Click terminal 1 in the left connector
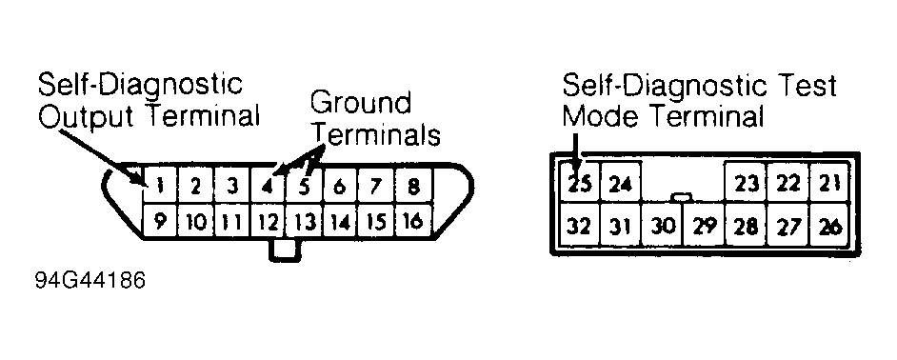pos(160,186)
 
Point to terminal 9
pos(160,220)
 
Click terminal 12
pos(268,220)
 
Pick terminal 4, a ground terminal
pos(268,186)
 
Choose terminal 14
pos(340,220)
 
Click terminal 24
pos(620,182)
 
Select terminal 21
pos(830,182)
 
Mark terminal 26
pos(830,226)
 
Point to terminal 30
pos(663,226)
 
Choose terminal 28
pos(746,226)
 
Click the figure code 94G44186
pos(90,281)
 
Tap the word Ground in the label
pos(361,104)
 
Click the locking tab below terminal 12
pos(285,250)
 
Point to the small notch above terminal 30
pos(681,197)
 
